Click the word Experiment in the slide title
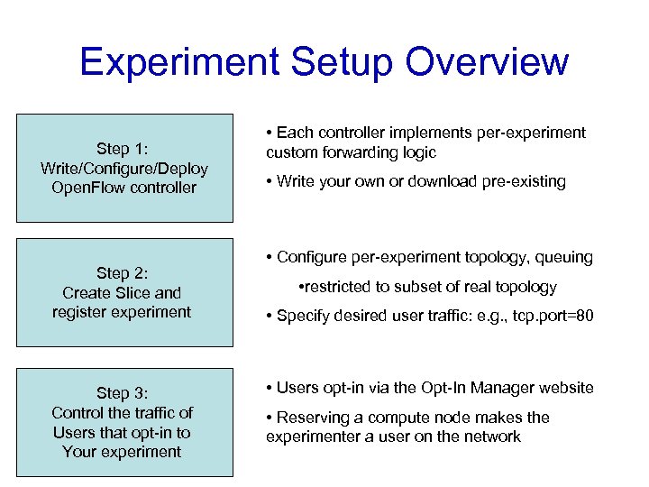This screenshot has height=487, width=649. (x=178, y=62)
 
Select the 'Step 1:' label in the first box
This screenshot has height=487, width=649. (x=123, y=149)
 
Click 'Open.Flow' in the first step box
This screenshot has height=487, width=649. (x=89, y=188)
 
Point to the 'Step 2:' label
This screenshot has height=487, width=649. (x=123, y=273)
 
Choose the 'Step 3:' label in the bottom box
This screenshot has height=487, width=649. (x=123, y=393)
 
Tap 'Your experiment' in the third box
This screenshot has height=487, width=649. (x=123, y=451)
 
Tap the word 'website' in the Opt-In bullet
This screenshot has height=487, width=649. (x=565, y=388)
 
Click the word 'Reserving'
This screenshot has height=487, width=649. (x=310, y=418)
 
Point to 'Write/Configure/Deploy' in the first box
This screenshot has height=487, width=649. (x=124, y=169)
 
